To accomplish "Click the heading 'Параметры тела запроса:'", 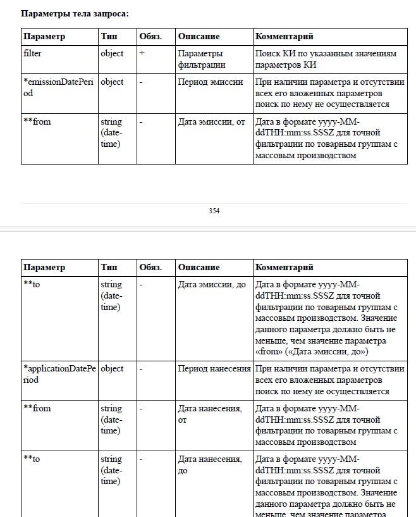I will (x=75, y=13).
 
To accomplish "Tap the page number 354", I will (x=214, y=211).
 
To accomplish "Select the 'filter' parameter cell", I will (x=32, y=54).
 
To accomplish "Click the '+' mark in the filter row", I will (x=142, y=54).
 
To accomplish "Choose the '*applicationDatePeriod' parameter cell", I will (x=59, y=374).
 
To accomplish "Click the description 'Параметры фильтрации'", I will (x=201, y=59).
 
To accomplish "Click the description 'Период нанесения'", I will (x=214, y=368).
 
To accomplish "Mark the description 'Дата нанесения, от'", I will (x=209, y=414).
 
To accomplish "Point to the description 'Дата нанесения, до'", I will (x=209, y=464).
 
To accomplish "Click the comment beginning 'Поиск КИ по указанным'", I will (x=326, y=59).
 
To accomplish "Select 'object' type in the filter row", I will (x=112, y=54).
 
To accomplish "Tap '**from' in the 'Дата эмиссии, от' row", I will (x=37, y=122).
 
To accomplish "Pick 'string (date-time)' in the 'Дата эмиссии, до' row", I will (x=111, y=296).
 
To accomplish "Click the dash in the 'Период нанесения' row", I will (x=141, y=368).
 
